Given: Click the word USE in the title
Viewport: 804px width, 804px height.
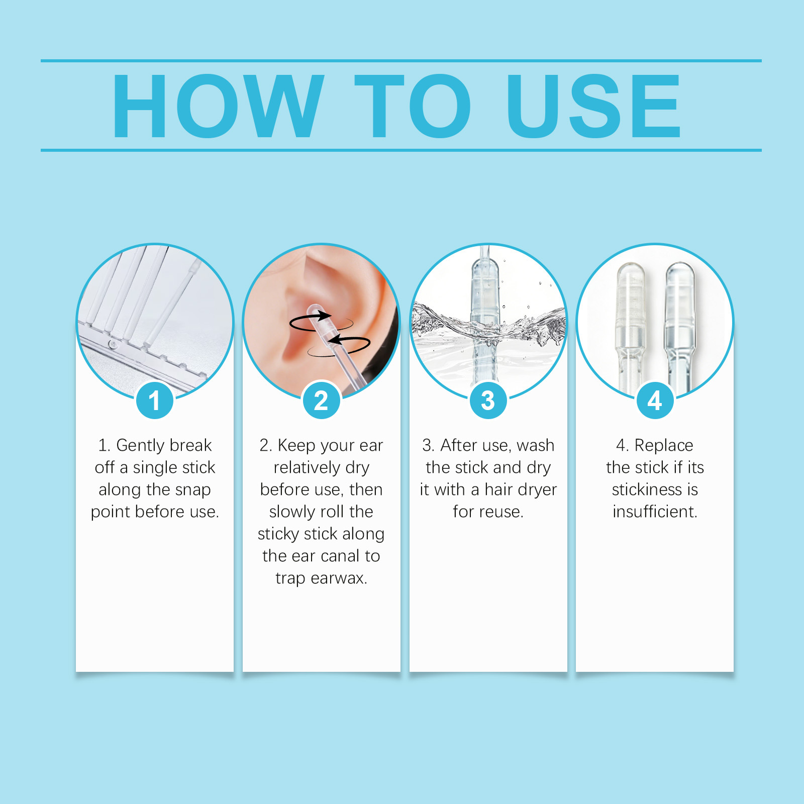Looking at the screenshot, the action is (593, 106).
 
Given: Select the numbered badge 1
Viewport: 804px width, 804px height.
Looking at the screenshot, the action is (154, 400).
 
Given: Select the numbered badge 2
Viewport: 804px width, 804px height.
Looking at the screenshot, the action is (321, 400).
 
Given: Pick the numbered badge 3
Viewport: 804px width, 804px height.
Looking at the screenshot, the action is (488, 400).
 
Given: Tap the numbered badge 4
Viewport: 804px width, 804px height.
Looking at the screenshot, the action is (655, 400).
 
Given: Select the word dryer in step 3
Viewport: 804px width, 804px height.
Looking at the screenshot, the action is (538, 490).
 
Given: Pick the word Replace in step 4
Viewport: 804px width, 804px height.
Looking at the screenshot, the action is (664, 446).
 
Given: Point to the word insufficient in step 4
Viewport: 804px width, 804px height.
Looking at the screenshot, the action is (654, 512).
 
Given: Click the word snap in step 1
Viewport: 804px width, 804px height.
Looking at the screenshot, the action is (193, 490).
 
